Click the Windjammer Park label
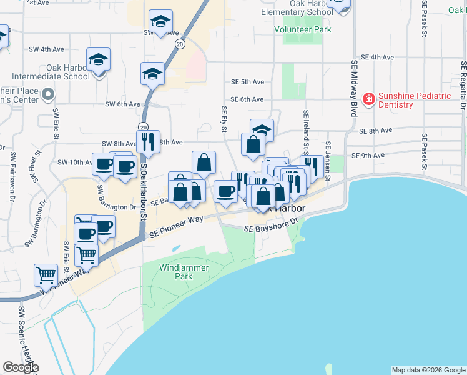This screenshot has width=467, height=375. coord(174,271)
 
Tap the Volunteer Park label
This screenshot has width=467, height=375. coord(303,29)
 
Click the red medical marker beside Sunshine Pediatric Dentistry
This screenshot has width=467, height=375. coord(368,99)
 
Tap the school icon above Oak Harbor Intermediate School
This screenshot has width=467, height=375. coord(99,60)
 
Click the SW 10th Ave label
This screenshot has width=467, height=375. coord(74,162)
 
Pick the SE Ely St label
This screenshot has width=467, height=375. coord(224,119)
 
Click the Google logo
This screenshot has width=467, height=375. coord(21,367)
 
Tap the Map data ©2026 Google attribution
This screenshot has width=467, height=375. coord(428,370)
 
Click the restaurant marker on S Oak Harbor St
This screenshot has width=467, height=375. coord(149,141)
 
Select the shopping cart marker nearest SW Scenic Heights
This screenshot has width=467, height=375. coord(46,274)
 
